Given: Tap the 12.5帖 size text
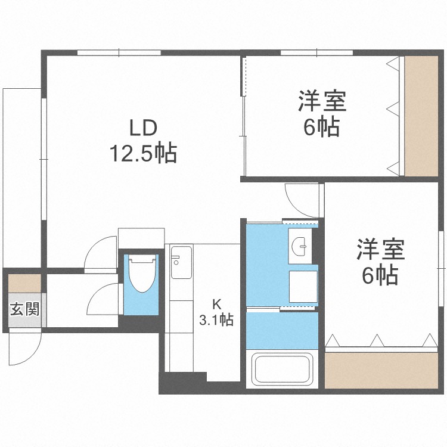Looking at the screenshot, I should (142, 154).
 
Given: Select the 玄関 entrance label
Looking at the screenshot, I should (24, 309).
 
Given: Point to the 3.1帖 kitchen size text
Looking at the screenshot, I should (216, 320).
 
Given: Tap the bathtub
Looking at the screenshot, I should (281, 370).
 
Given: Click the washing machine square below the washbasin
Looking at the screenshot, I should (303, 287).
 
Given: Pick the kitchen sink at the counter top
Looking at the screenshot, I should (181, 263).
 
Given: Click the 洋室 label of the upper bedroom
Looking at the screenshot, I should (322, 101).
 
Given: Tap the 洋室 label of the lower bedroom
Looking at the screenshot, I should (380, 249).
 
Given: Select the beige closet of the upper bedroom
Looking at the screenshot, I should (421, 116).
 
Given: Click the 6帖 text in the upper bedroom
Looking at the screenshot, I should (322, 126).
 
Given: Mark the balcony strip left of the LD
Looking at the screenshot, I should (21, 179).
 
